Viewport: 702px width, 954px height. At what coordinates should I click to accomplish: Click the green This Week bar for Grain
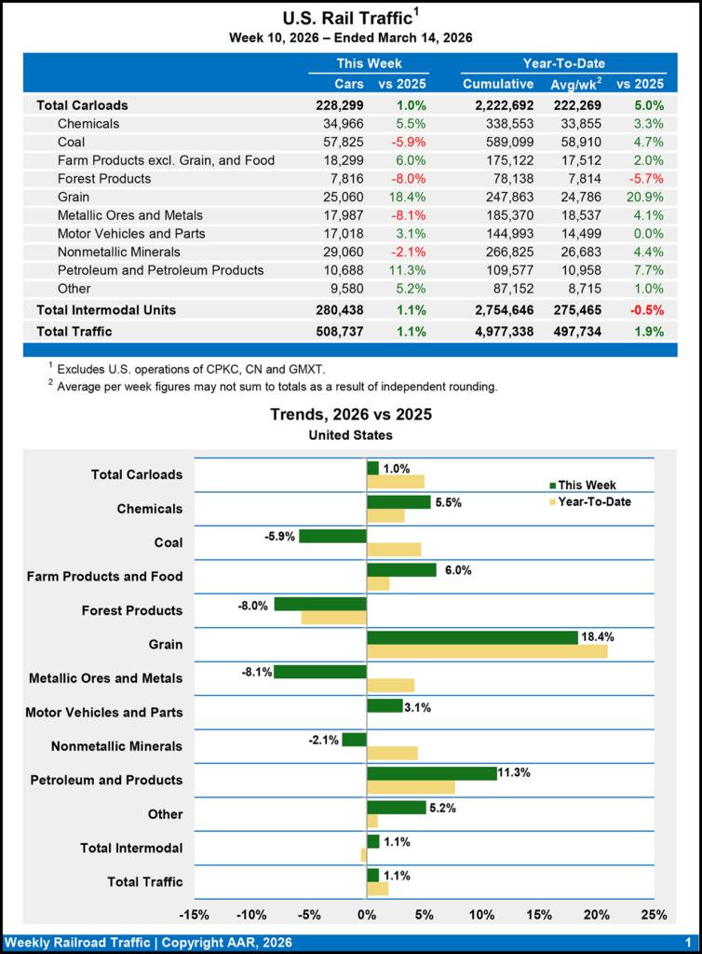click(472, 637)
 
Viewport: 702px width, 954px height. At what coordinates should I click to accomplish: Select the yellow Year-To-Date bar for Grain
click(487, 650)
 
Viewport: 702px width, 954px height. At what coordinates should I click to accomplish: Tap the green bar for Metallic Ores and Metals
click(320, 672)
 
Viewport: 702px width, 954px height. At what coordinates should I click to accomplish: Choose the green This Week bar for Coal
click(332, 536)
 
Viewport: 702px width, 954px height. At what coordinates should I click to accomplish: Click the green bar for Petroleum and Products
click(432, 773)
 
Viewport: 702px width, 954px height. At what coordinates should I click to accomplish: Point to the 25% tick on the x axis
click(655, 915)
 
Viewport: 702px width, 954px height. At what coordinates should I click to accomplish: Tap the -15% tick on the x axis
click(194, 915)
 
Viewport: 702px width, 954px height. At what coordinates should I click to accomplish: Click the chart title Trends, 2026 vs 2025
click(351, 414)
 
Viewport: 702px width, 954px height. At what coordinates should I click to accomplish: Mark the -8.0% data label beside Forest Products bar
click(255, 604)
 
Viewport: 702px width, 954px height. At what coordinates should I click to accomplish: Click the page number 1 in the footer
click(686, 943)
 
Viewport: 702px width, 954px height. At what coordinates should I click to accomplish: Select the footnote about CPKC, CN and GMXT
click(190, 370)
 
